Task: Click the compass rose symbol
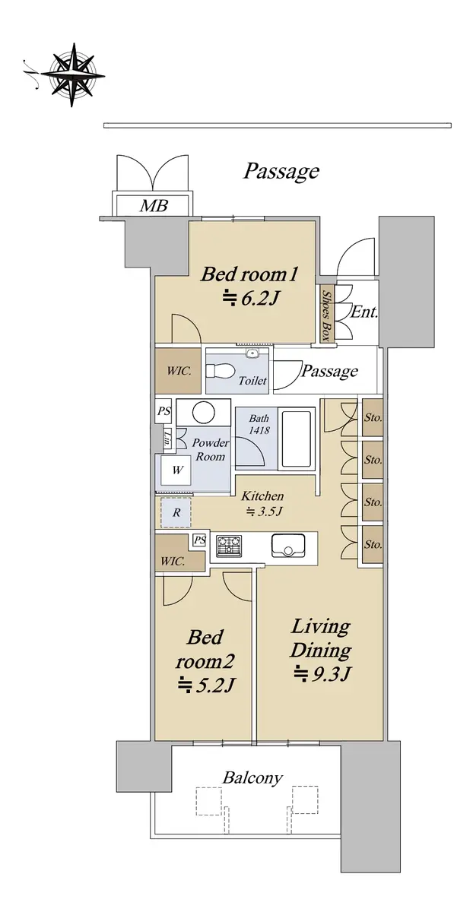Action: (x=72, y=75)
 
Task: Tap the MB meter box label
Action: (x=154, y=206)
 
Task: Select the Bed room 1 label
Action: (x=249, y=274)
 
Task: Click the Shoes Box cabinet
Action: (x=326, y=315)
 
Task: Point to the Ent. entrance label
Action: (x=364, y=312)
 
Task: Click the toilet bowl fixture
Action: (x=219, y=371)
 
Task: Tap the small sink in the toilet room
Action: (x=252, y=353)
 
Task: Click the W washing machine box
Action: (x=176, y=470)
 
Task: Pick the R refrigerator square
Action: (x=176, y=511)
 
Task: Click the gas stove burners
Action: (x=229, y=546)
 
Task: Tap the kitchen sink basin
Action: (x=288, y=546)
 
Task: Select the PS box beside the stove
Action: (x=200, y=540)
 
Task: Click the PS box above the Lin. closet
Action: (x=163, y=411)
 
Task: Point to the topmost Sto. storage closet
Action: (x=373, y=417)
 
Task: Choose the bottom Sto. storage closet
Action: (x=373, y=545)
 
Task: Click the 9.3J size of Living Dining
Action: (x=322, y=675)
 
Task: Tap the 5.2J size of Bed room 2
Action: (x=205, y=686)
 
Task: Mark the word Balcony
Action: (x=252, y=778)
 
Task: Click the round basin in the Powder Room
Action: (x=203, y=412)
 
